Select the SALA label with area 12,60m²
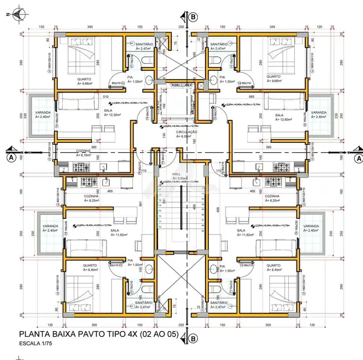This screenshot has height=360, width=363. coord(279,116)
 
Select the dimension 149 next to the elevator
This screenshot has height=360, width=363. coord(163,106)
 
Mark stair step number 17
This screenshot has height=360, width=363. coord(159,190)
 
